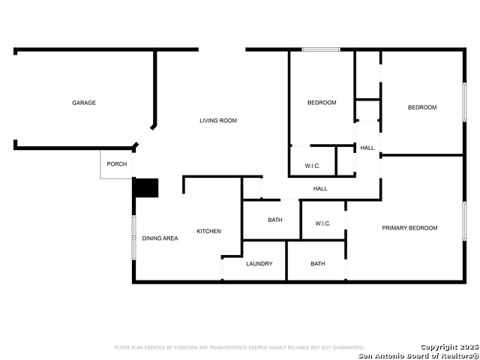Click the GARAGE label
point(84,103)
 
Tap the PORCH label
point(117,164)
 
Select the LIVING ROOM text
point(218,121)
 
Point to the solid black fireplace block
point(146,187)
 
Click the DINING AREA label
point(160,238)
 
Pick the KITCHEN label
point(208,231)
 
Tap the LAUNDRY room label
point(259,263)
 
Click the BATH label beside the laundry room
point(318,263)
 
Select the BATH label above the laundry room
point(275,220)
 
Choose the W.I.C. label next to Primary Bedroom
point(323,223)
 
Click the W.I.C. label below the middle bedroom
point(312,166)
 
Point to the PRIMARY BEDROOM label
point(409,228)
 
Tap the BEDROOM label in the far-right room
point(422,107)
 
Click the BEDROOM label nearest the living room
point(322,103)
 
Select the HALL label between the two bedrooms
point(367,148)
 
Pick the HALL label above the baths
point(320,188)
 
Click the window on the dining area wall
point(133,238)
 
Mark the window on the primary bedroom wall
point(464,221)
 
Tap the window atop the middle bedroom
point(321,49)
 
